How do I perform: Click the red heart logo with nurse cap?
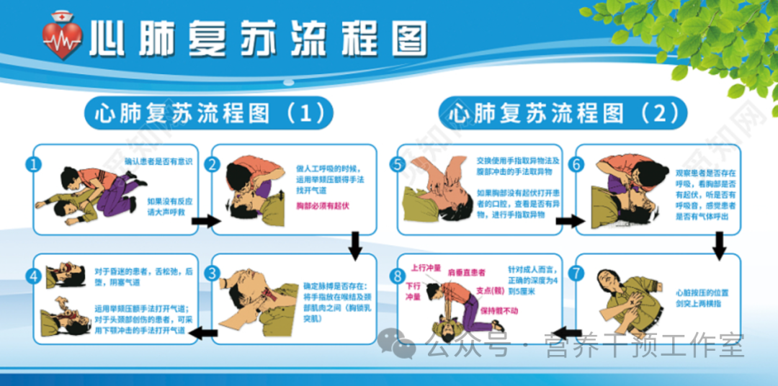coord(62,37)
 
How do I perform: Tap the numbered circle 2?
coord(212,164)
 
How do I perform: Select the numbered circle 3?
coord(212,273)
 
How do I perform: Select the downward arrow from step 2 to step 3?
coord(355,245)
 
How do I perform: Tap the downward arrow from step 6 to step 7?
coord(720,245)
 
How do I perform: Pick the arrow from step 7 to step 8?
coord(569,332)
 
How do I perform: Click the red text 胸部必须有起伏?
coord(321,206)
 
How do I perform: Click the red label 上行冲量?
coord(425,267)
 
